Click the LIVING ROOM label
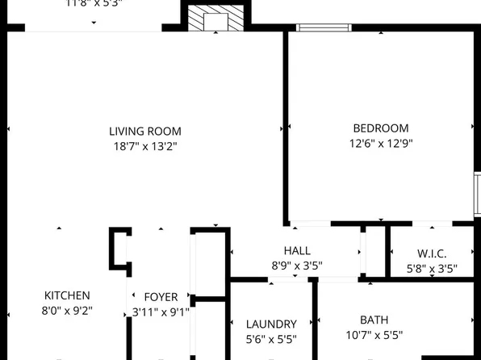[x=145, y=131]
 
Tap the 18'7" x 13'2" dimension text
[x=145, y=146]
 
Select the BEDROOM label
[x=381, y=128]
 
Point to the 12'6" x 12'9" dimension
[x=381, y=144]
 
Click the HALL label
[x=297, y=251]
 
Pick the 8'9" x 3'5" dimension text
[x=297, y=264]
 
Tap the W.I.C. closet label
[x=432, y=254]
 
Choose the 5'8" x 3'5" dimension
[x=432, y=269]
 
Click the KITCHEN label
[x=67, y=295]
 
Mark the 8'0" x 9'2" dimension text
[x=67, y=310]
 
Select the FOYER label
[x=161, y=297]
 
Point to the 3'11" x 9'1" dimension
[x=161, y=312]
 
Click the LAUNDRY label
[x=271, y=324]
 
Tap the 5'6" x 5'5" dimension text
[x=271, y=338]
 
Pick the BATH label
[x=374, y=320]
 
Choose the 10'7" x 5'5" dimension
[x=374, y=335]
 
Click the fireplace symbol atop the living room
[x=215, y=19]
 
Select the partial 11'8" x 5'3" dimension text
[x=95, y=3]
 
